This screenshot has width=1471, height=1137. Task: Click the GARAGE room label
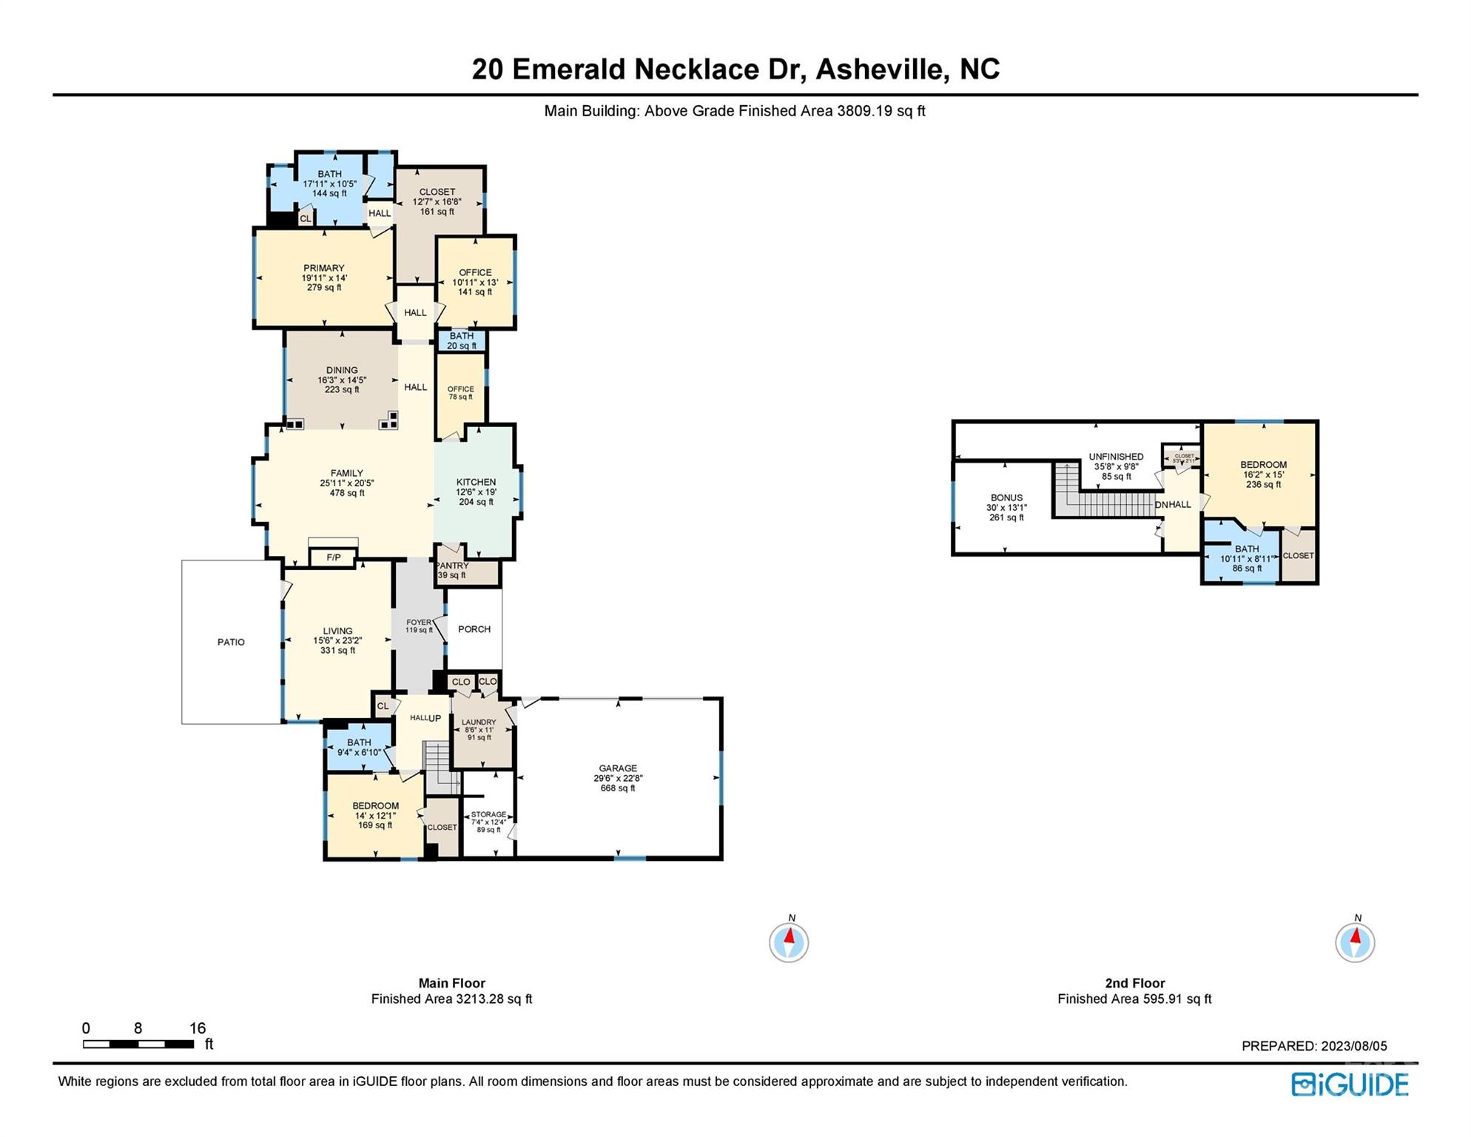(618, 768)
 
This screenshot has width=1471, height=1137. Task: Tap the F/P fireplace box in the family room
(333, 557)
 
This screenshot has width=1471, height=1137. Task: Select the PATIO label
(231, 642)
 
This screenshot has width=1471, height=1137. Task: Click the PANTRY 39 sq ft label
(452, 571)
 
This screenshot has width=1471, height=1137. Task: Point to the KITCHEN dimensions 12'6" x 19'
(476, 492)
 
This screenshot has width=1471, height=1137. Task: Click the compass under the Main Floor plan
(789, 942)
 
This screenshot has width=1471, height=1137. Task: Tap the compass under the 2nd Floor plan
(1355, 942)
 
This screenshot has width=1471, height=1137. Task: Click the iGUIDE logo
(1350, 1084)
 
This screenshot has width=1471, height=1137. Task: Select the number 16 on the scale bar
(197, 1028)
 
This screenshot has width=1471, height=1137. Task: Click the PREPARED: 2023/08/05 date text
(1314, 1046)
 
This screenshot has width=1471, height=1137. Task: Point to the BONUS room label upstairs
(1006, 497)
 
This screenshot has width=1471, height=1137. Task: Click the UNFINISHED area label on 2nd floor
(1116, 457)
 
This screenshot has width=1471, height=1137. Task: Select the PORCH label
(474, 629)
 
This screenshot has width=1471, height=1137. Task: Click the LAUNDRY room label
(479, 722)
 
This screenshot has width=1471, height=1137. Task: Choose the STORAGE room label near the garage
(488, 814)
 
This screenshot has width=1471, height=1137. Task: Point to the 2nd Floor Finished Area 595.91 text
(1134, 999)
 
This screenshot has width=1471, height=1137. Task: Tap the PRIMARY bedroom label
(323, 268)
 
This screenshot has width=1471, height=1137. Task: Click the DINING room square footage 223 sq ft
(342, 389)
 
